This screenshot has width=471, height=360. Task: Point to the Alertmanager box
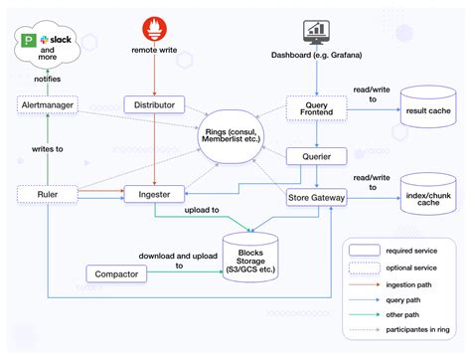[x=46, y=103]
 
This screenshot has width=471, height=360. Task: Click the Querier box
[x=315, y=156]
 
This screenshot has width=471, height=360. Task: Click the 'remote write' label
[x=153, y=50]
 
